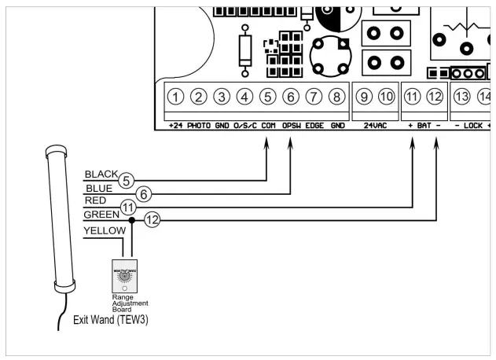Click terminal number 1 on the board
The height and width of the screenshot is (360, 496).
[177, 97]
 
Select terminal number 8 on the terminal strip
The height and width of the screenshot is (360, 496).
[336, 97]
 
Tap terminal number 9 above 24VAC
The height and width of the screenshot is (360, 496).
[363, 97]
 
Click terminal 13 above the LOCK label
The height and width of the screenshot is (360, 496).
[462, 97]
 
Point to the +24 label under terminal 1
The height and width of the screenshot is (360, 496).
[175, 126]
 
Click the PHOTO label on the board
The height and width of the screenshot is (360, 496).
[199, 126]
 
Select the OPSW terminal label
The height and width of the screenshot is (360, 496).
[292, 126]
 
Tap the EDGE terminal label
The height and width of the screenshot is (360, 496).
[314, 126]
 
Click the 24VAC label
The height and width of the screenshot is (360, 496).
[374, 126]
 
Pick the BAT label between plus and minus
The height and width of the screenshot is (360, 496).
[424, 126]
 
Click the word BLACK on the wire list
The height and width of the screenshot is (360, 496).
[100, 174]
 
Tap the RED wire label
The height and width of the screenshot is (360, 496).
[94, 200]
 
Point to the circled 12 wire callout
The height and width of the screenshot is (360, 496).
[152, 221]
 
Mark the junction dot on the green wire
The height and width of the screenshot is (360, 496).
[132, 221]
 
